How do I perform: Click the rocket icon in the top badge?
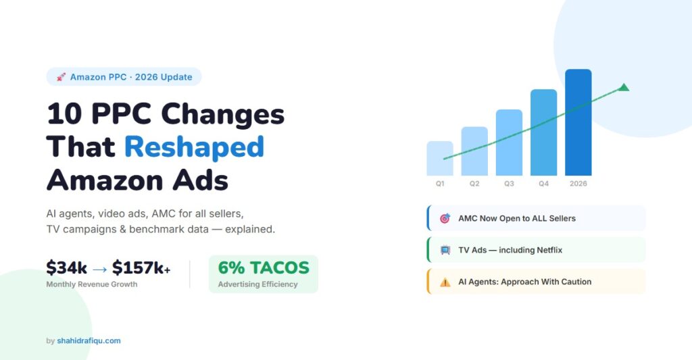(61, 77)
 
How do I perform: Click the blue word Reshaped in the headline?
(194, 147)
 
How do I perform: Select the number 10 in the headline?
(64, 113)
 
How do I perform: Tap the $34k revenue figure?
(67, 267)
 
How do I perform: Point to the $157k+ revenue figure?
(141, 267)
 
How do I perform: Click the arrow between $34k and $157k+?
(100, 269)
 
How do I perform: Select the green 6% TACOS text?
(264, 267)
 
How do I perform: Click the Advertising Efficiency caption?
(257, 284)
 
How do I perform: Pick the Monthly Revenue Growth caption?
(92, 284)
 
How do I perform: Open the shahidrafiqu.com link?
(89, 340)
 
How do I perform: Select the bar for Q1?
(440, 158)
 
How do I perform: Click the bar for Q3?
(509, 143)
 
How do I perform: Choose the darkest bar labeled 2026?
(578, 122)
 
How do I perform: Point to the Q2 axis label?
(474, 184)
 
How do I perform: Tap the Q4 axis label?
(544, 184)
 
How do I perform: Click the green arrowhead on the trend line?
(624, 87)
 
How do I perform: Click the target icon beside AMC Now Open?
(445, 218)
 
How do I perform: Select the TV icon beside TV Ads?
(445, 250)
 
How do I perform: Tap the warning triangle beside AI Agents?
(445, 282)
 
